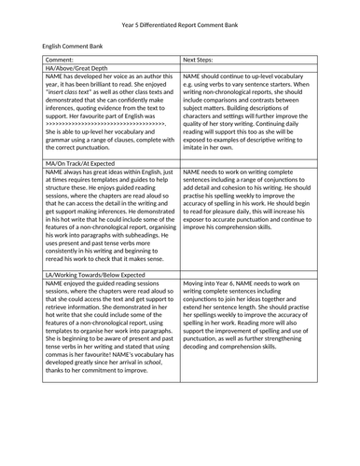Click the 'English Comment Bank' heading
tap(71, 45)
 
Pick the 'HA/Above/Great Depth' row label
tap(76, 68)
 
